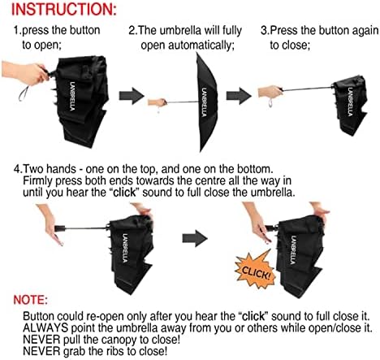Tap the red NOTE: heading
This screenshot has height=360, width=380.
click(x=42, y=298)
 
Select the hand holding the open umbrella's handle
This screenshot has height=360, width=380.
click(x=156, y=103)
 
